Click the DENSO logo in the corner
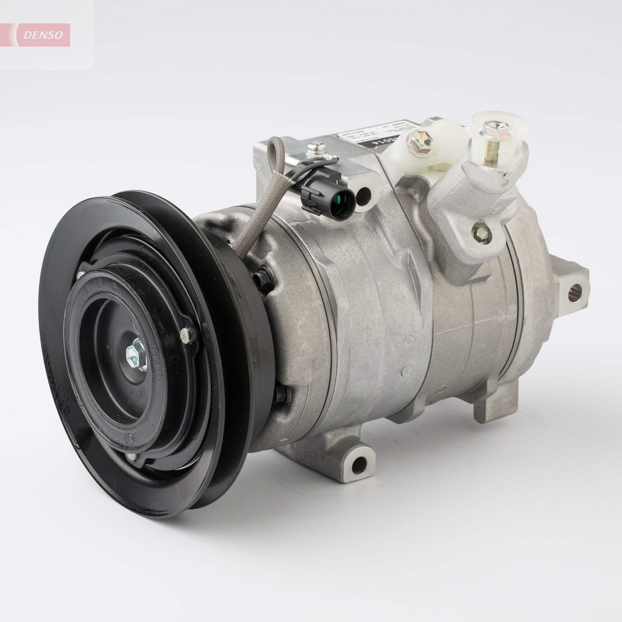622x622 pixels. pyautogui.click(x=44, y=35)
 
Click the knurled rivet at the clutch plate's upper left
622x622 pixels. pyautogui.click(x=81, y=275)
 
